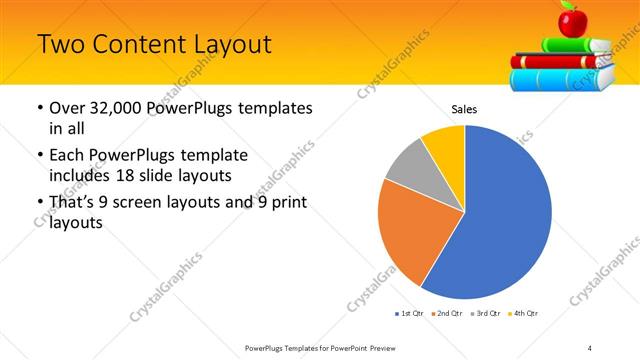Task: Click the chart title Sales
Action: coord(464,108)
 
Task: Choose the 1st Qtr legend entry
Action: coord(409,314)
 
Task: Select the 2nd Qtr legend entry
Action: coord(447,314)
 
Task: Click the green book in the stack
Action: coord(575,44)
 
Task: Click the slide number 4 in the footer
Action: coord(590,348)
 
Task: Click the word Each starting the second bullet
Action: coord(69,155)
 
